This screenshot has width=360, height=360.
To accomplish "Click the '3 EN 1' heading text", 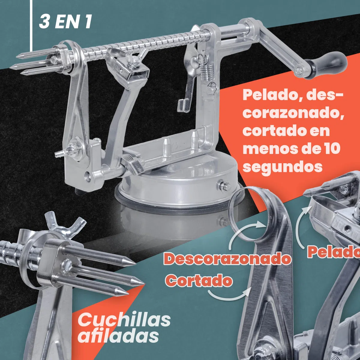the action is tap(65, 22).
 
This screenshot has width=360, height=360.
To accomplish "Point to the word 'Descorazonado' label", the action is tap(227, 259).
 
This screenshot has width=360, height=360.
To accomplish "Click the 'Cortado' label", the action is tap(199, 280).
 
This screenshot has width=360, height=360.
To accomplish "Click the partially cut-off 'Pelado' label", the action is tap(334, 252).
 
